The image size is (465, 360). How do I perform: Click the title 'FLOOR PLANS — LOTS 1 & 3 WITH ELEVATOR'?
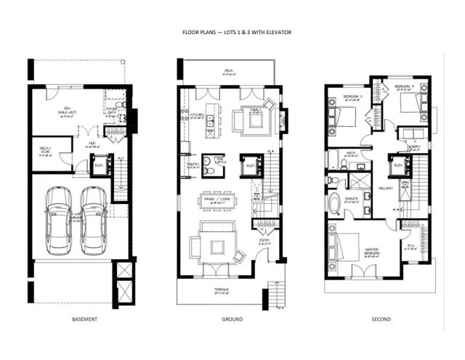tap(232, 33)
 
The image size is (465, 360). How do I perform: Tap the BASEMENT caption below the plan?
tap(85, 319)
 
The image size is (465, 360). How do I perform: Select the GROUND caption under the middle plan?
tap(232, 319)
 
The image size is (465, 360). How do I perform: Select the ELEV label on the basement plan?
tap(100, 163)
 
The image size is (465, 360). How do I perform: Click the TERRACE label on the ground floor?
tap(222, 289)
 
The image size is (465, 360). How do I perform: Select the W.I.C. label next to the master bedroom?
tap(412, 245)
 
